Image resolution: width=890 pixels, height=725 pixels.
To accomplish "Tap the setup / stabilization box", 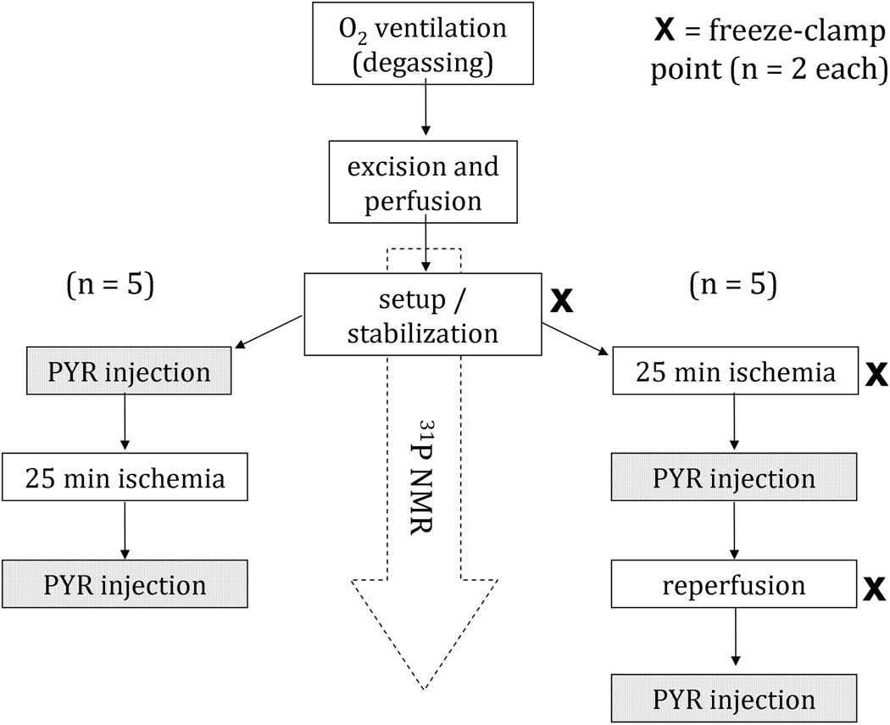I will [422, 313].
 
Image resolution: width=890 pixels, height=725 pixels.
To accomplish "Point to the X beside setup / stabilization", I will [563, 299].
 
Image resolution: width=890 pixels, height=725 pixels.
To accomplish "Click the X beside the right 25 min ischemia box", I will [874, 374].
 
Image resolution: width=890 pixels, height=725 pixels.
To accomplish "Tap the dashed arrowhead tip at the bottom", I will [422, 685].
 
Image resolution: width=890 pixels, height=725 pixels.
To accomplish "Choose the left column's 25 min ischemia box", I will [125, 478].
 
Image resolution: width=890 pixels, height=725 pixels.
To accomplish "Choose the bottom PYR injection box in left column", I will [125, 584].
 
